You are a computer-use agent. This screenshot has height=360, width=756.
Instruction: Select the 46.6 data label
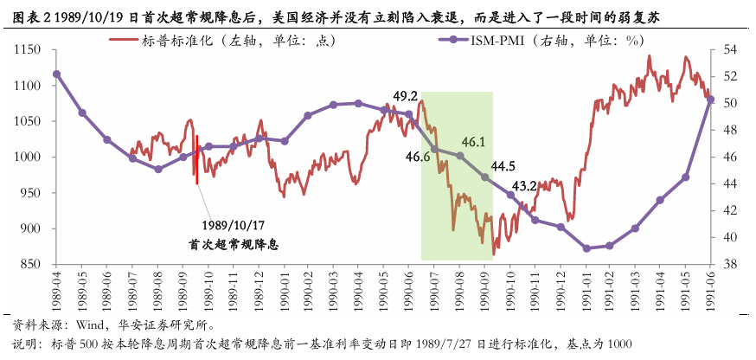coord(418,157)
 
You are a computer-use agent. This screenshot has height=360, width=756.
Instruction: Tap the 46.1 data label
coord(473,143)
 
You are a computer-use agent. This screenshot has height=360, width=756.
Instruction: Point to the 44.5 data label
coord(503,166)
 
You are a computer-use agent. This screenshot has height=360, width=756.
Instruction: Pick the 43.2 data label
coord(524,185)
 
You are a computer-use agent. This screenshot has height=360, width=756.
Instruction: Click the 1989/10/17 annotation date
coord(233,226)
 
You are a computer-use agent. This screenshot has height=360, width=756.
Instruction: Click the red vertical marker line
coord(196,159)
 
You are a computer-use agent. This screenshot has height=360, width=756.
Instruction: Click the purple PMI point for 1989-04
coord(57,74)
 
